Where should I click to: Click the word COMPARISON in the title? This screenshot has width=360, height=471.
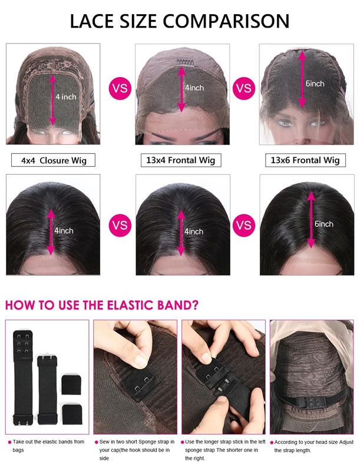click(x=226, y=21)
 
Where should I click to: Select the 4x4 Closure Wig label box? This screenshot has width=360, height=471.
click(x=53, y=160)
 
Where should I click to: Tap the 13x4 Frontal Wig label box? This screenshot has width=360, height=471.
click(x=181, y=160)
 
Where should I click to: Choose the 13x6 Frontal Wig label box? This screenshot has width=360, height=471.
click(x=305, y=160)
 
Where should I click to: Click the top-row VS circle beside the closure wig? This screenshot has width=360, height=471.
click(x=120, y=88)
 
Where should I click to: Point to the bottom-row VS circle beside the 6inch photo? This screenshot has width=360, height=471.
click(x=244, y=225)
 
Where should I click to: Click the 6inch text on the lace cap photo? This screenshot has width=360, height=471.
click(x=315, y=84)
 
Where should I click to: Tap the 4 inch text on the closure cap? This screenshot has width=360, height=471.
click(x=66, y=97)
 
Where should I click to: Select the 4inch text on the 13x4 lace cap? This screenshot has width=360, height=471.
click(x=194, y=88)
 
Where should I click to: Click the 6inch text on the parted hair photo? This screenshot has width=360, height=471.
click(x=324, y=224)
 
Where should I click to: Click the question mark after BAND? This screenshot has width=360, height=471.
click(x=195, y=305)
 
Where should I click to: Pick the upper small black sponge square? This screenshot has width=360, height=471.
click(x=72, y=384)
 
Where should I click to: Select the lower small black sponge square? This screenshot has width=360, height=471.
click(x=72, y=414)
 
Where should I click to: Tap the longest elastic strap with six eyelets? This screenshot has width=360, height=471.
click(x=22, y=378)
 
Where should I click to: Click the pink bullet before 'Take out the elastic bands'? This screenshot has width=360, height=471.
click(x=9, y=442)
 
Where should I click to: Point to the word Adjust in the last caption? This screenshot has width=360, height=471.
click(x=346, y=442)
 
